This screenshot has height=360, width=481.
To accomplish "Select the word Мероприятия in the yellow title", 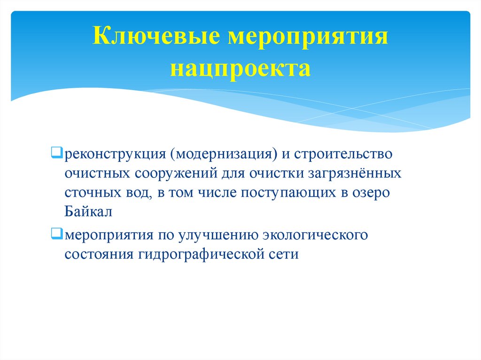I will (308, 37).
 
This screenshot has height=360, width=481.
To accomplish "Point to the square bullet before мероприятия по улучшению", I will (55, 233).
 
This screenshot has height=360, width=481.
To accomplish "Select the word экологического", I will (315, 234).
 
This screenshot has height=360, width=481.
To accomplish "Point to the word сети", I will (283, 254).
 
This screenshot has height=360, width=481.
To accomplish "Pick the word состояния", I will (99, 254).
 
